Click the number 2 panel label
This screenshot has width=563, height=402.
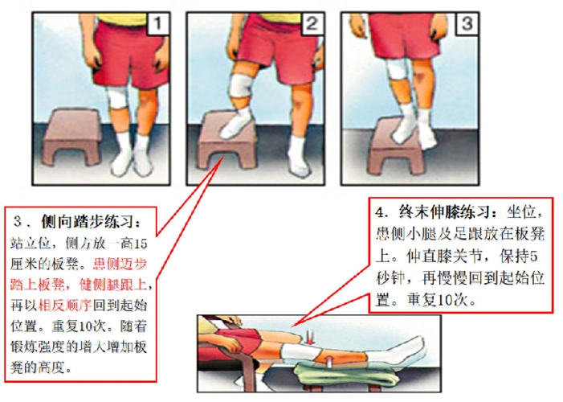pyautogui.click(x=312, y=25)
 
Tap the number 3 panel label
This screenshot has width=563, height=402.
pyautogui.click(x=465, y=25)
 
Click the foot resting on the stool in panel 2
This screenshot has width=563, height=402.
pyautogui.click(x=238, y=125)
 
